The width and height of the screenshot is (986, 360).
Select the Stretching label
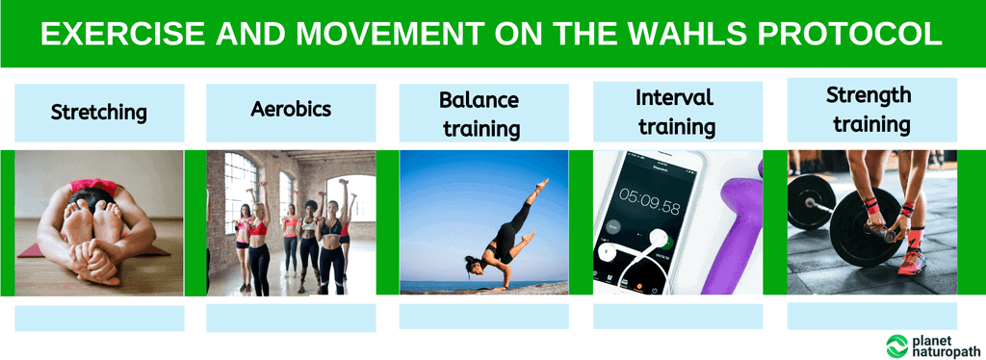99,113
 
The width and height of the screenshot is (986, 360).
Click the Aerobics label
291,109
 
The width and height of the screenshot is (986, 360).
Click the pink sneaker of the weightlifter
911,261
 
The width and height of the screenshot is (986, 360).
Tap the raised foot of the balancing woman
545,182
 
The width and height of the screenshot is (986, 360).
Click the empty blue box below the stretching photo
99,318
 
